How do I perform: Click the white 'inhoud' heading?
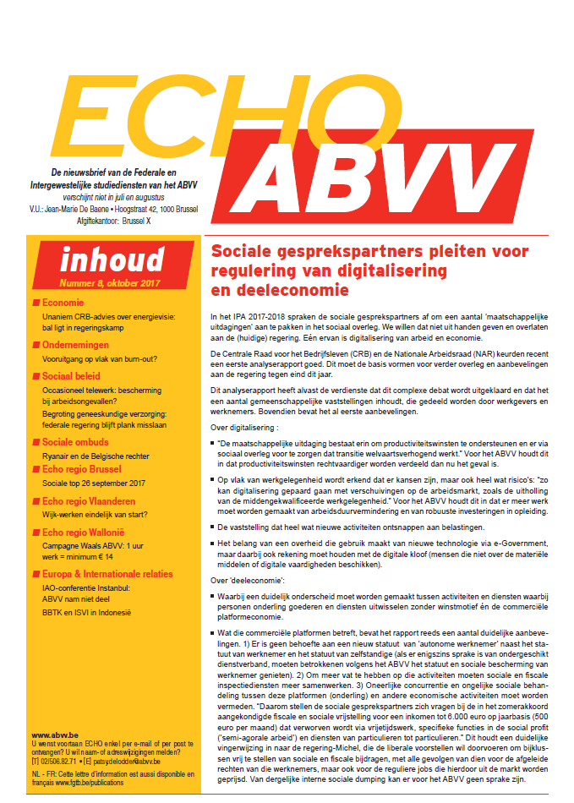[x=112, y=259]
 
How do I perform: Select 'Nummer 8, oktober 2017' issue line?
[x=110, y=283]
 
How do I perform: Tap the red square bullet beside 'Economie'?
[x=36, y=303]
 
